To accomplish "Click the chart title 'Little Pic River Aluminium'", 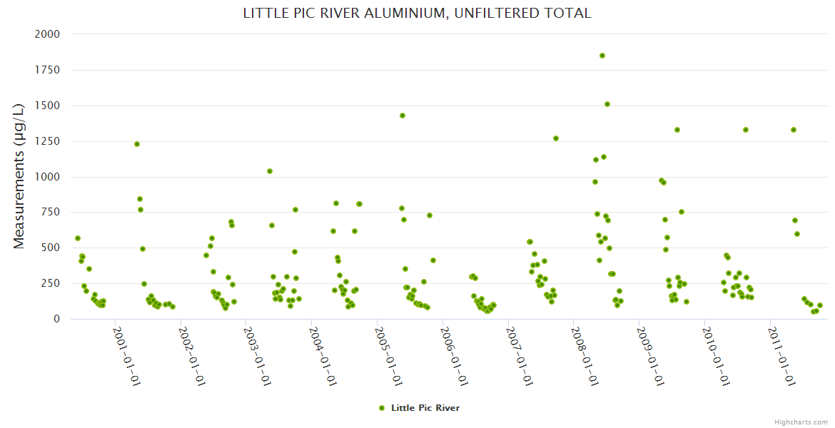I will tap(417, 14).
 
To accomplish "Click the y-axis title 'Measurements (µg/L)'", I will tap(19, 176).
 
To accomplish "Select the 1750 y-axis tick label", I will tap(48, 70).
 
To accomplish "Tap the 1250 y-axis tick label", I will tap(48, 141).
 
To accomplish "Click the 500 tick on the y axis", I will tap(51, 248).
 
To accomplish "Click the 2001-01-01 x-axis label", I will tap(126, 356).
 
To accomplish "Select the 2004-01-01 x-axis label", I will tap(323, 356).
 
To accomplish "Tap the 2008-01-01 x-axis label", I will tap(585, 356).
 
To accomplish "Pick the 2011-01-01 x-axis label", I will tap(782, 356).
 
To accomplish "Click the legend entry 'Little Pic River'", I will tap(425, 408).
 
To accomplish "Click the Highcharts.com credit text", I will tap(801, 422).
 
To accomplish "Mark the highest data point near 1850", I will tap(602, 56).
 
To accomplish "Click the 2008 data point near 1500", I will tap(607, 104).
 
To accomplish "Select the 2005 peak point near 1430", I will tap(403, 116).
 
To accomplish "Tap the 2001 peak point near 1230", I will tap(137, 144).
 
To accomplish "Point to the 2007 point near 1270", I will tap(556, 138).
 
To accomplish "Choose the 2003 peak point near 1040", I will tap(270, 171).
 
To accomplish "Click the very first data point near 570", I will tap(78, 238).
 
